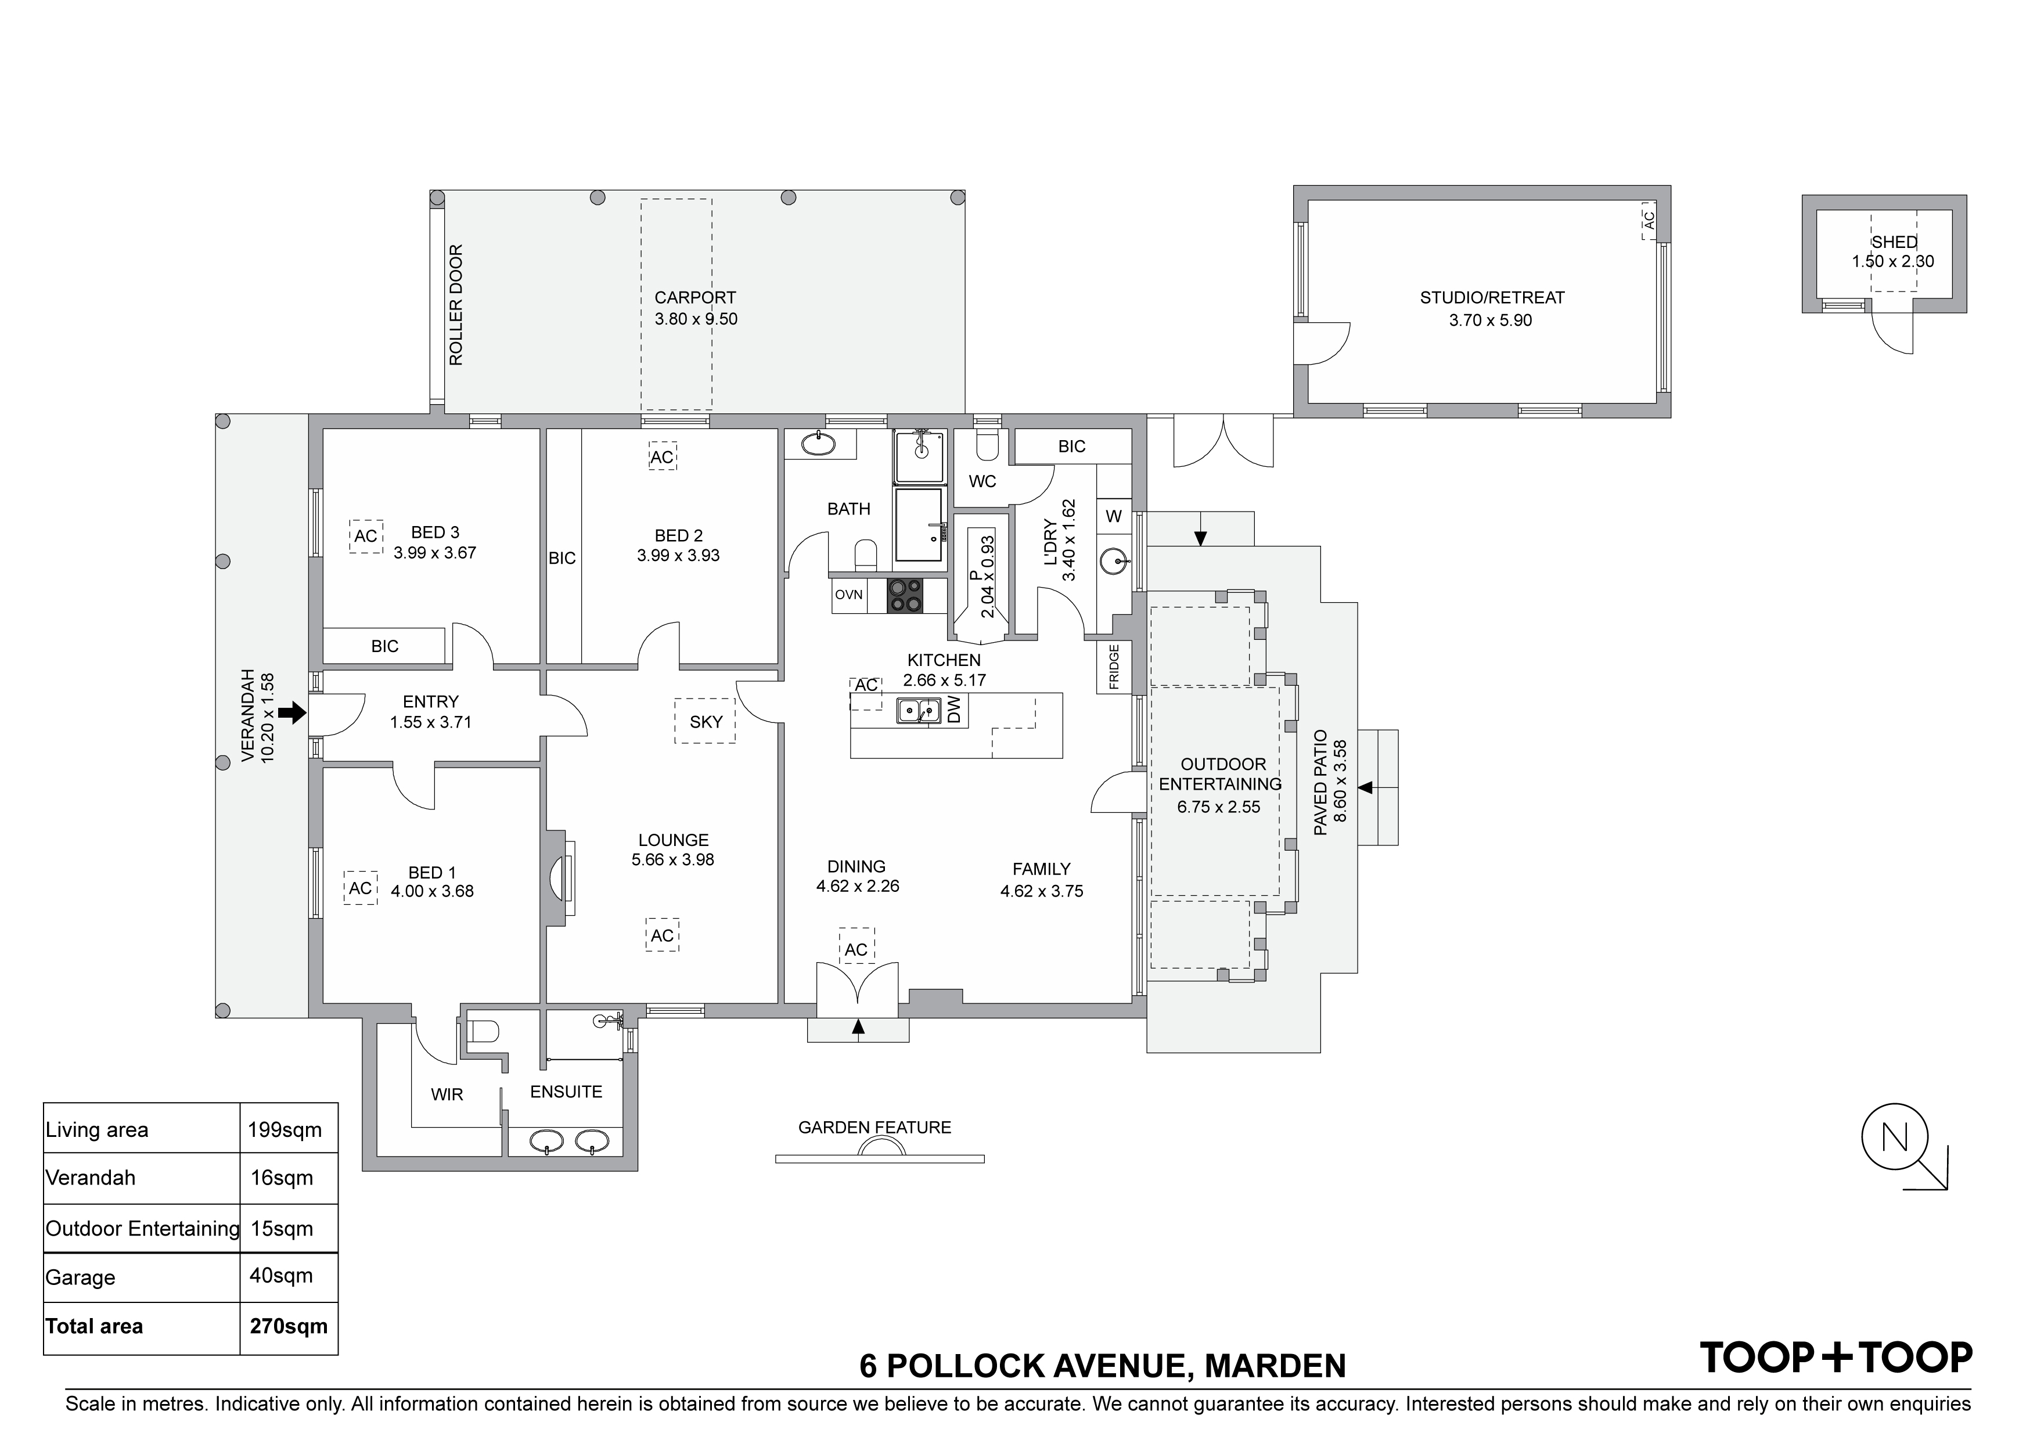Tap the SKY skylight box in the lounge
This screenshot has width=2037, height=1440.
click(x=706, y=721)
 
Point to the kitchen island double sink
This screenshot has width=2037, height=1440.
click(x=918, y=711)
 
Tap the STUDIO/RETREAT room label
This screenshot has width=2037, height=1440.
click(x=1492, y=298)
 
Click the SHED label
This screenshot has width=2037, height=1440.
click(x=1894, y=242)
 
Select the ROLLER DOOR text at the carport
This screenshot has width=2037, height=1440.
click(x=456, y=305)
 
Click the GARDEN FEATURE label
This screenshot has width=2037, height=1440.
click(x=874, y=1128)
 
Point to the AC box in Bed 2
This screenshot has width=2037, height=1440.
click(x=662, y=457)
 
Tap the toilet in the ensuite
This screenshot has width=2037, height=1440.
click(x=483, y=1032)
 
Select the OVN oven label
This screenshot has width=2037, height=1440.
click(x=849, y=595)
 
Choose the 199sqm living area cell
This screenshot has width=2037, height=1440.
click(x=285, y=1131)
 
